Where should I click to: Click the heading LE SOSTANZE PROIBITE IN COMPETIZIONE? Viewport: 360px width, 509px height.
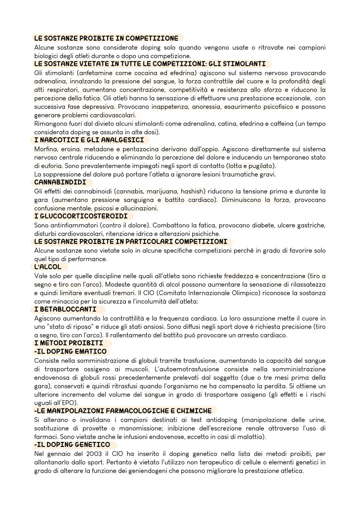106,38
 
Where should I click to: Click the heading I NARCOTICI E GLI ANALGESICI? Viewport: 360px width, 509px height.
89,140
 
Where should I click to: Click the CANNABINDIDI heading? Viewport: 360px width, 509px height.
60,182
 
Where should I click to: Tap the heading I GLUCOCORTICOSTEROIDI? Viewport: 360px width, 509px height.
81,216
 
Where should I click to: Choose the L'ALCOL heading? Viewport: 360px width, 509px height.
48,267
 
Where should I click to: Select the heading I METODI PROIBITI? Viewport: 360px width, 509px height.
69,343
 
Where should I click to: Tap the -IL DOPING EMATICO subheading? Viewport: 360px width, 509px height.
70,351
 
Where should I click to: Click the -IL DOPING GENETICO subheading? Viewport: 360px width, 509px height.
72,445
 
